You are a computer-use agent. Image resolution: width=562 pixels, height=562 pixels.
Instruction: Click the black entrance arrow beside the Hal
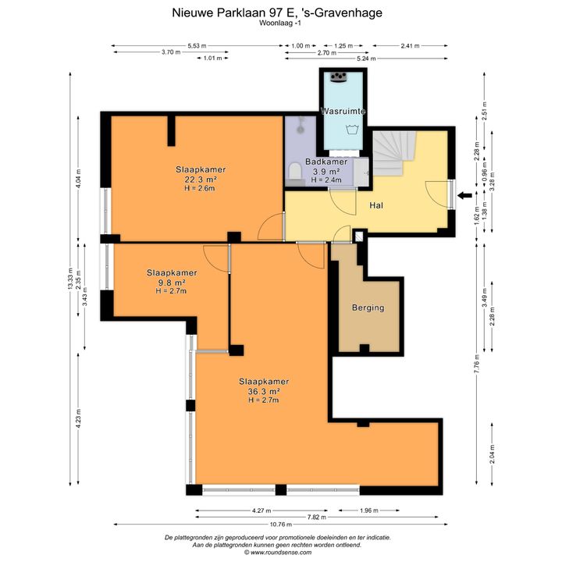(x=465, y=196)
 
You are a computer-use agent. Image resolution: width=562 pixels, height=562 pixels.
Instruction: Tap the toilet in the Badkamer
(x=295, y=171)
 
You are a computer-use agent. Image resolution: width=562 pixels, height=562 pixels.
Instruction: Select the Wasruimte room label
(x=343, y=111)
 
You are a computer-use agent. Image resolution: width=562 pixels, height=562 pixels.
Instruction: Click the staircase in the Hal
(x=394, y=153)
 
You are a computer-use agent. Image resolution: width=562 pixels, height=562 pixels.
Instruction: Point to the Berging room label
(x=368, y=308)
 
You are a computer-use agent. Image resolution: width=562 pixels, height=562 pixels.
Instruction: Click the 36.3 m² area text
(x=264, y=391)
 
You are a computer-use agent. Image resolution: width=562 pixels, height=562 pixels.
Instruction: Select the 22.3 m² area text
(x=201, y=180)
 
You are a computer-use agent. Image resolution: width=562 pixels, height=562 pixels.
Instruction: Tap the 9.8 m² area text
(x=171, y=282)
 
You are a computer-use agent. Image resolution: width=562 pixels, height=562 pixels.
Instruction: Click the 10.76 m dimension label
(x=281, y=524)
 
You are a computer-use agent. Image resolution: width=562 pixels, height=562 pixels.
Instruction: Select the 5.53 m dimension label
(x=197, y=46)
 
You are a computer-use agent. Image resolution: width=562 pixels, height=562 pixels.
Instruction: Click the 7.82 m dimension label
(x=316, y=517)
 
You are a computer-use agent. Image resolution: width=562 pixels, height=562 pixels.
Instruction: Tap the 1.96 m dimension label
(x=368, y=510)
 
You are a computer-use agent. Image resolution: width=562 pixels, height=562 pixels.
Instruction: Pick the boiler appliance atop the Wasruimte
(x=338, y=77)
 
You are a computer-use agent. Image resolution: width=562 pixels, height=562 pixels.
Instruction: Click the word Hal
(x=376, y=205)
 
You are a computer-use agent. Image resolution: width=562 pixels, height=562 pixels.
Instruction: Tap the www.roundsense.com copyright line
(x=278, y=553)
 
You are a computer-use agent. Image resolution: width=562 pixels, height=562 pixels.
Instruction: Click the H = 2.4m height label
(x=326, y=180)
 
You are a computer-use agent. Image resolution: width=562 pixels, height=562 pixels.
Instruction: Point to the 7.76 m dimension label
(x=477, y=364)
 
